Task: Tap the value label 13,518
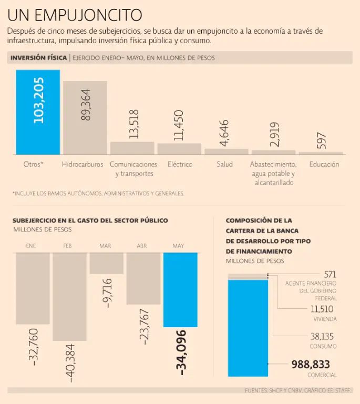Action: point(133,124)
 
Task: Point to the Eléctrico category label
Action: point(180,164)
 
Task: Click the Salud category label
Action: point(224,164)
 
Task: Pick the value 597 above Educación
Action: point(322,141)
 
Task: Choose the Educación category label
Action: point(324,164)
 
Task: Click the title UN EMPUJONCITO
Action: point(74,14)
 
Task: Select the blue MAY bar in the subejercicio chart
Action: point(180,289)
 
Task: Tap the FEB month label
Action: point(67,246)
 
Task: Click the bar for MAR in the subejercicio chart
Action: point(106,263)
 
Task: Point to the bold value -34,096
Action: point(182,352)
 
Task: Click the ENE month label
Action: point(30,246)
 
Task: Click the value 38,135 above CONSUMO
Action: point(322,336)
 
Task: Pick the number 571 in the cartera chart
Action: point(330,274)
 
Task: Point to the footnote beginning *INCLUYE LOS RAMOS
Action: point(98,194)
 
